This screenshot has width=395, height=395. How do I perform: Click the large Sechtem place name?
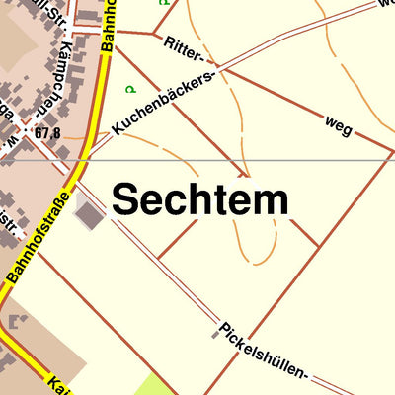click(x=199, y=199)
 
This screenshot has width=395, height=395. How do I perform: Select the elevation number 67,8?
click(x=47, y=132)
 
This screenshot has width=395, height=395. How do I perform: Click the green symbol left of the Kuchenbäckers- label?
click(x=129, y=89)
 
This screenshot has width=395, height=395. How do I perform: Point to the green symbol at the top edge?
click(x=163, y=3)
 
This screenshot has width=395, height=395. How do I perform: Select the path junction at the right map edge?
click(x=392, y=152)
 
